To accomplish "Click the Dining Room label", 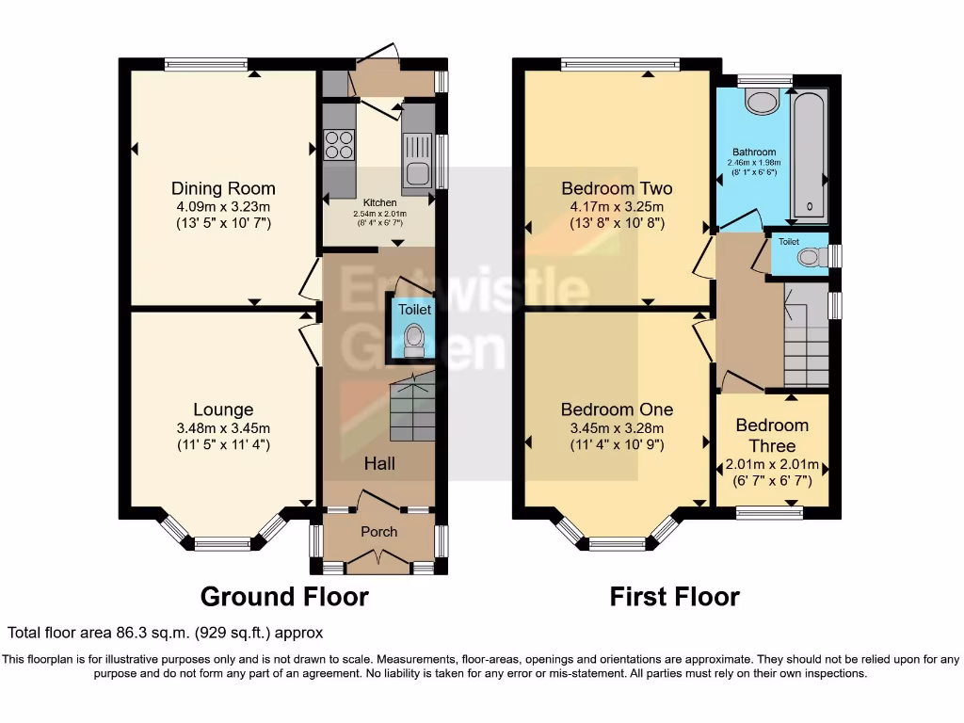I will (223, 188).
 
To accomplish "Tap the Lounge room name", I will (223, 410).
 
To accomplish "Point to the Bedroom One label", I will (617, 410).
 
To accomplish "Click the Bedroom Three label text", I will (772, 436).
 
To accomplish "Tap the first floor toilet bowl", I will (808, 257).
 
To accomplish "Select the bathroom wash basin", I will (759, 101).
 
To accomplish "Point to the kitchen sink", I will (417, 156).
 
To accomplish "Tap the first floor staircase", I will (806, 344).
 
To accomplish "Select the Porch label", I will (379, 532).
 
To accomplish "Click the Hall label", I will (379, 463).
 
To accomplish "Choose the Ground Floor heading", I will (284, 597).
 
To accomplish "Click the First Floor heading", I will (674, 597).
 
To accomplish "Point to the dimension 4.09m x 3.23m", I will (223, 207).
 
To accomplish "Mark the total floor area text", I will (166, 634).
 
